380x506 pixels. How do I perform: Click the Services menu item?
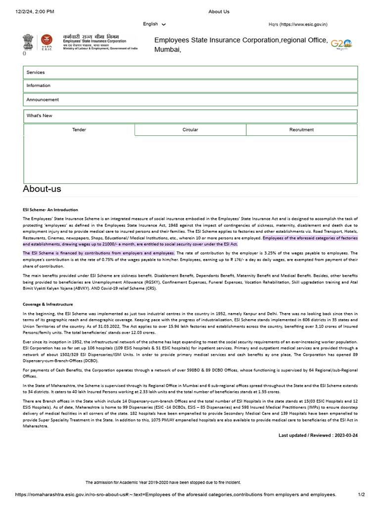pyautogui.click(x=36, y=72)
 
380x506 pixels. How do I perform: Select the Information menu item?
pyautogui.click(x=39, y=85)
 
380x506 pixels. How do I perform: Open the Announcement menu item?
pyautogui.click(x=43, y=99)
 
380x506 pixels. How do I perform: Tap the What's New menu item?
pyautogui.click(x=39, y=116)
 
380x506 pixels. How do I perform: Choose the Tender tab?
pyautogui.click(x=79, y=129)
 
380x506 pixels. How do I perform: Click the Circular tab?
pyautogui.click(x=190, y=129)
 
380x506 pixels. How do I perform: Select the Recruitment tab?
pyautogui.click(x=301, y=129)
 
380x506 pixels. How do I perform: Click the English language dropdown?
pyautogui.click(x=154, y=24)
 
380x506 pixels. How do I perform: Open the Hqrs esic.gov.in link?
pyautogui.click(x=298, y=24)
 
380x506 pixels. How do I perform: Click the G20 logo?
pyautogui.click(x=341, y=43)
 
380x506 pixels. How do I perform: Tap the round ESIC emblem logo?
pyautogui.click(x=46, y=41)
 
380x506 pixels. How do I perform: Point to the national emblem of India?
pyautogui.click(x=27, y=42)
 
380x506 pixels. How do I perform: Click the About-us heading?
pyautogui.click(x=42, y=189)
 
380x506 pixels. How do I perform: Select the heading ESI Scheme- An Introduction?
pyautogui.click(x=50, y=210)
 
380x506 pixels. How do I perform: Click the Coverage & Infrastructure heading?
pyautogui.click(x=47, y=304)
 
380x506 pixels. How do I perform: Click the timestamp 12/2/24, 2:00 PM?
pyautogui.click(x=35, y=11)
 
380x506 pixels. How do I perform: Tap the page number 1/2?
pyautogui.click(x=361, y=495)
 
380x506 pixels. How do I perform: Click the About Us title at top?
pyautogui.click(x=219, y=11)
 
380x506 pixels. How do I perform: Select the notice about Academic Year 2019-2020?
pyautogui.click(x=163, y=482)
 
